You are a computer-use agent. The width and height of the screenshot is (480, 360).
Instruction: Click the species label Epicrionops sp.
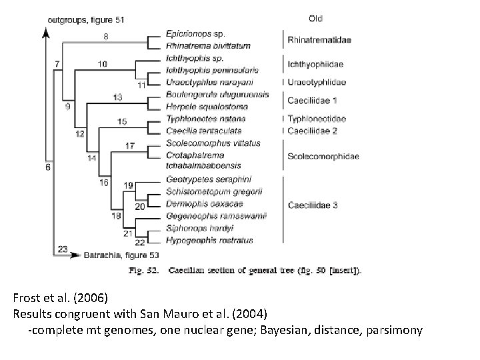tap(195, 33)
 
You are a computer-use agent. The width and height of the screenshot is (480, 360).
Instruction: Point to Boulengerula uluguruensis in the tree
tap(217, 95)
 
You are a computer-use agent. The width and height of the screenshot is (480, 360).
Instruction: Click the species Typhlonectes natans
tap(201, 119)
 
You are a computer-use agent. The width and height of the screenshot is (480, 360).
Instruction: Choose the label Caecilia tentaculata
tap(204, 131)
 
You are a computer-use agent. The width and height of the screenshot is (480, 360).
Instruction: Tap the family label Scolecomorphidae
tap(323, 156)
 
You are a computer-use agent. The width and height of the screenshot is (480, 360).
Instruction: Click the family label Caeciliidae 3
tap(311, 205)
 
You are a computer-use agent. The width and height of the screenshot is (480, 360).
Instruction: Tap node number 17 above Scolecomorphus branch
tap(129, 145)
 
